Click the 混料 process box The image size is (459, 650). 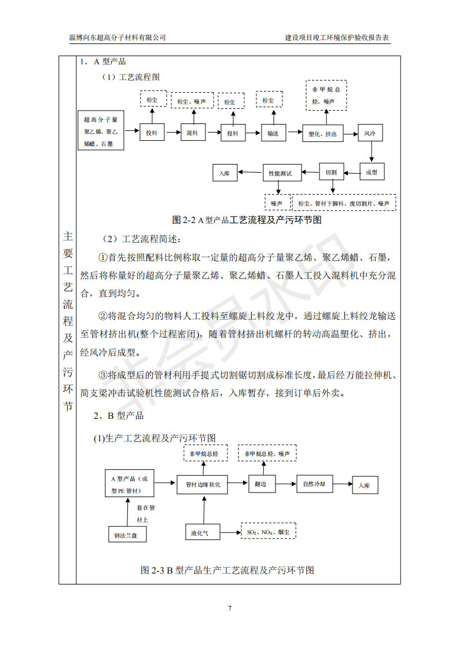click(x=193, y=133)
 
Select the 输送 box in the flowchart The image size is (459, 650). click(x=273, y=133)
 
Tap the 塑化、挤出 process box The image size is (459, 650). click(x=323, y=133)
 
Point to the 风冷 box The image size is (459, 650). click(x=370, y=133)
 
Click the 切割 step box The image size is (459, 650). click(x=331, y=172)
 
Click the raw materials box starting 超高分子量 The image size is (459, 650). click(x=101, y=132)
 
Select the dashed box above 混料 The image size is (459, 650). click(x=192, y=101)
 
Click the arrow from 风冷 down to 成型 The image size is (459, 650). click(x=370, y=152)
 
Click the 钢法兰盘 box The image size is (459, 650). click(x=126, y=535)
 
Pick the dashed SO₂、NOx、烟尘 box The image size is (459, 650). click(x=268, y=531)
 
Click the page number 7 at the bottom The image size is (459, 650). click(x=230, y=608)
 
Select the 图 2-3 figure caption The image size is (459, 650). click(x=227, y=570)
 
